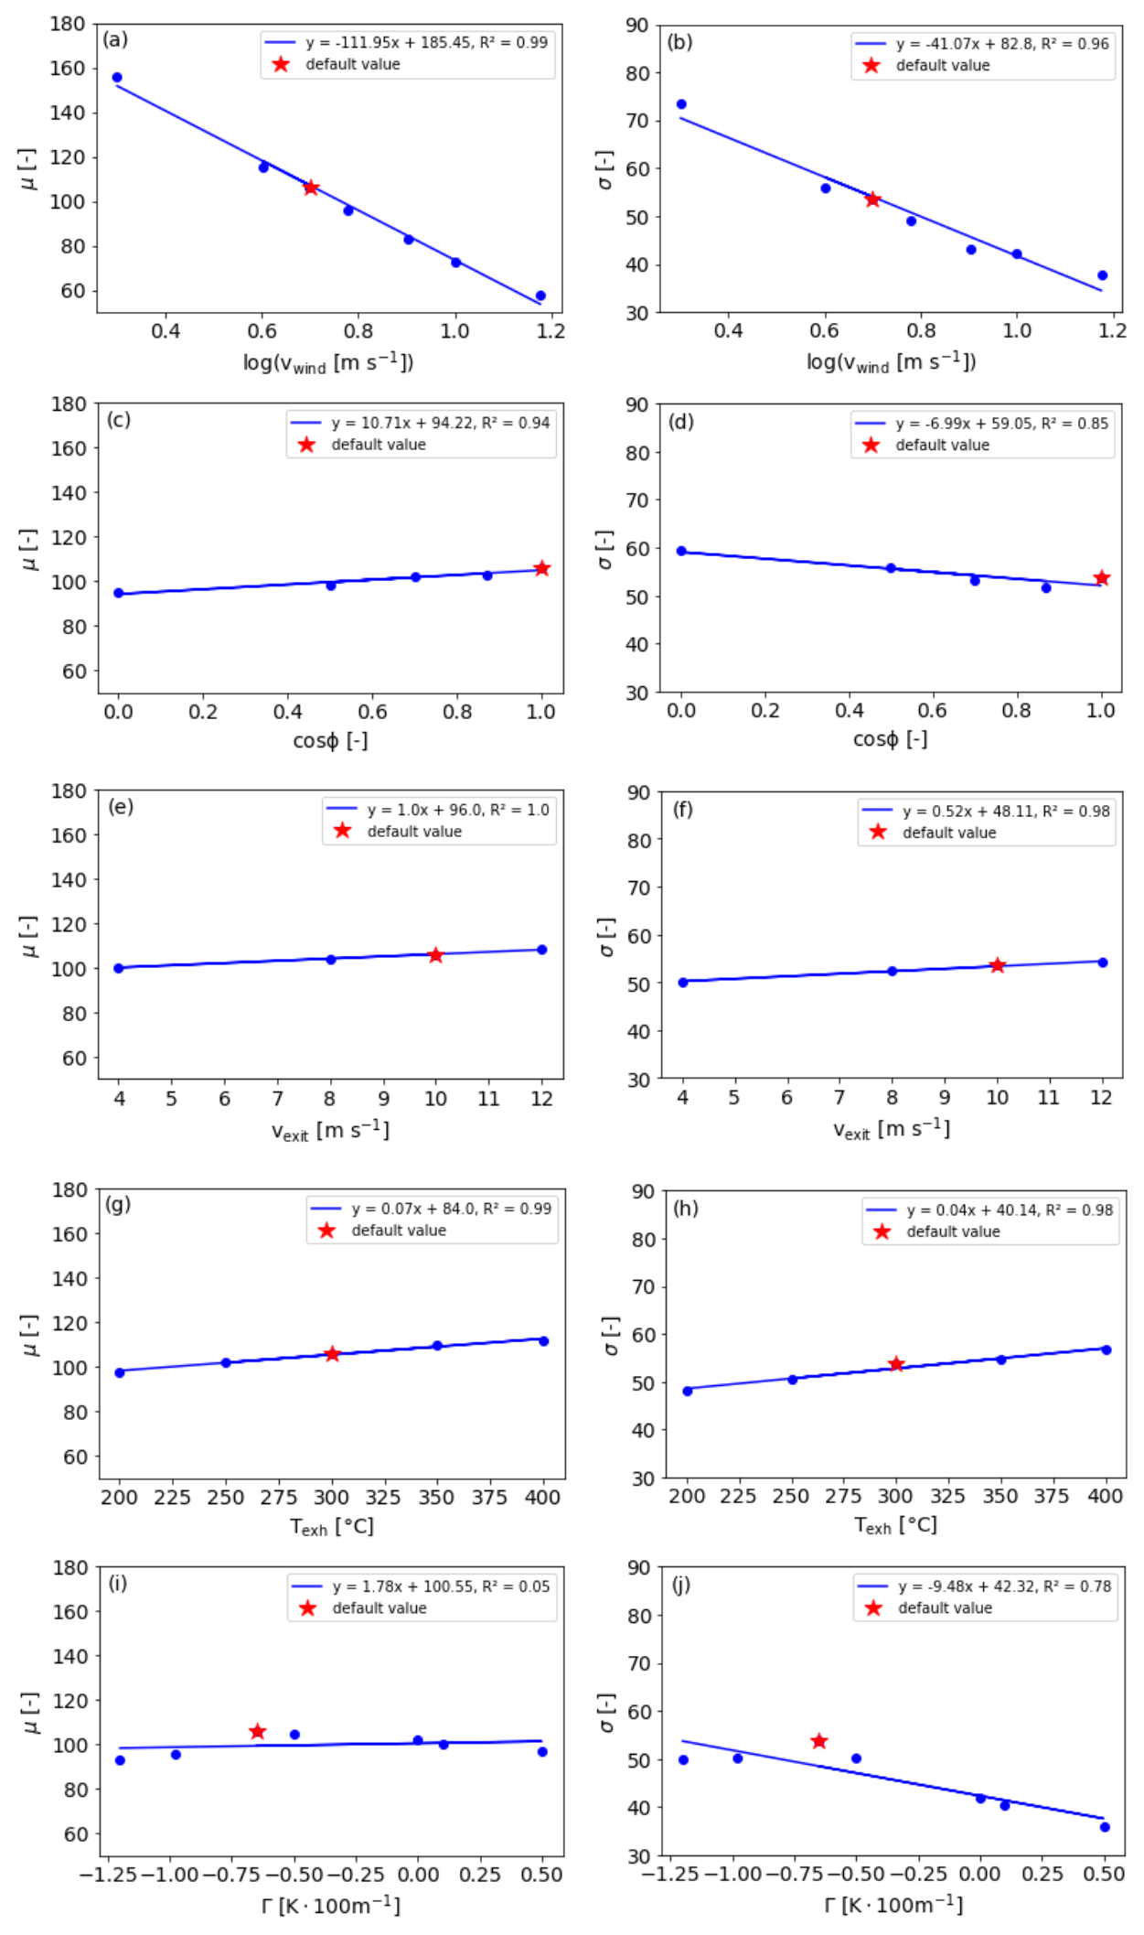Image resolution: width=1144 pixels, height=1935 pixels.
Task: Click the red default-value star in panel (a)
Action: pos(311,188)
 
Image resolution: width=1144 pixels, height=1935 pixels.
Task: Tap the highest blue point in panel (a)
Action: pos(117,78)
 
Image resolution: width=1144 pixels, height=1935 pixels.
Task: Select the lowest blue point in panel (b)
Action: pos(1102,275)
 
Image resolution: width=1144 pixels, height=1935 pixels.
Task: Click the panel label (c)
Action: pos(119,420)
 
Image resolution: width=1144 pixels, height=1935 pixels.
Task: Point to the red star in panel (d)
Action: pos(1102,578)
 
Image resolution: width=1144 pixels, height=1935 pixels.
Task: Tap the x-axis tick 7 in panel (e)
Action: pos(278,1099)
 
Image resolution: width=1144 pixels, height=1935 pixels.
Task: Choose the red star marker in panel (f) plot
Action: pos(997,965)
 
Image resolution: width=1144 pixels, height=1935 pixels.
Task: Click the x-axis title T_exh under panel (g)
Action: pos(331,1527)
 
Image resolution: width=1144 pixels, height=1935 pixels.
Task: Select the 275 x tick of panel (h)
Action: pos(843,1496)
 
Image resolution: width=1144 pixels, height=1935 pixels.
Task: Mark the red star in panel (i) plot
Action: pos(258,1732)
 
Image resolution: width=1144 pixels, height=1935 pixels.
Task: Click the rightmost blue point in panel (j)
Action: pos(1105,1827)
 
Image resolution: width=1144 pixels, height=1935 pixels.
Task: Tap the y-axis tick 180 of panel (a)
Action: pos(68,24)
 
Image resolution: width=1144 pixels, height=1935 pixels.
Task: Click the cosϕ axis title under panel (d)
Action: pos(890,739)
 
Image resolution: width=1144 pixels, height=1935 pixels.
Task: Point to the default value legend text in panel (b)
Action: pos(942,66)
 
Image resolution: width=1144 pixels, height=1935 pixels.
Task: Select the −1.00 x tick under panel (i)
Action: pos(171,1875)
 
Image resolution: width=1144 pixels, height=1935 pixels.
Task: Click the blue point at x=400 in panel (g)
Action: pos(543,1341)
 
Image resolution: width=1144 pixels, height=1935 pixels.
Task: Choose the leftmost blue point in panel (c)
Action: pos(118,593)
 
